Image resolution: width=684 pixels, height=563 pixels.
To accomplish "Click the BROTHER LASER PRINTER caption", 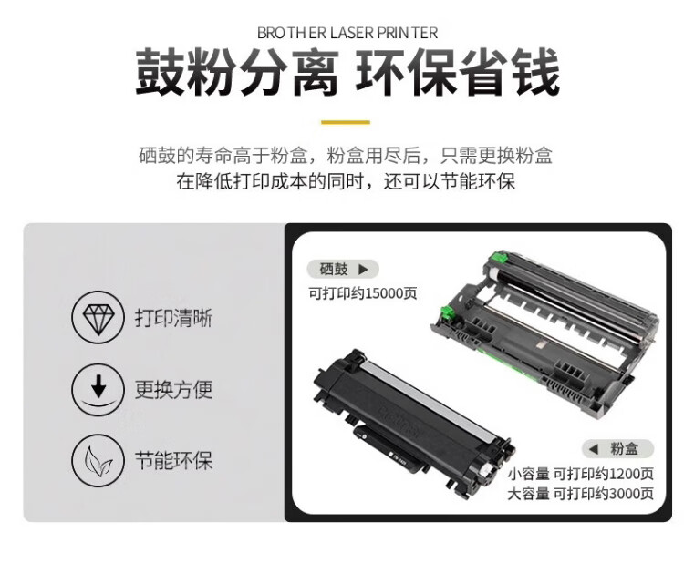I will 347,33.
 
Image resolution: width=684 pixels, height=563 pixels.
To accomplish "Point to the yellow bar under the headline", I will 347,121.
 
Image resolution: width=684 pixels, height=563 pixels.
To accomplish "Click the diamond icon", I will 98,319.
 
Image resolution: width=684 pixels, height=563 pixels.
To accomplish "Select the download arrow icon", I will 98,390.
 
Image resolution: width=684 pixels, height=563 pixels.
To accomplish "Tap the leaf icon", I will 98,460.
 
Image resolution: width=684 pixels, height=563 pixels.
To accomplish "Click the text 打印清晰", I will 173,319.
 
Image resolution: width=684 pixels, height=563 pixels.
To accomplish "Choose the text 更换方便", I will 173,390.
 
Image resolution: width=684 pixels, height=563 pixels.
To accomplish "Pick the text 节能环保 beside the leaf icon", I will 173,460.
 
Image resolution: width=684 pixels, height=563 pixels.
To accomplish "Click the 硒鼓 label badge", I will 342,269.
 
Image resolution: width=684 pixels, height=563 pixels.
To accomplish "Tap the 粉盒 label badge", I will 619,448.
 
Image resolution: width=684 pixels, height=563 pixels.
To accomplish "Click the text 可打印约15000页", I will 363,293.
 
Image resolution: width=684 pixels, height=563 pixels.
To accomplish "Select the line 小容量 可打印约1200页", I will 581,473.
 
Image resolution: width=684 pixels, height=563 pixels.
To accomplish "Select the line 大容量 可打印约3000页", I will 581,494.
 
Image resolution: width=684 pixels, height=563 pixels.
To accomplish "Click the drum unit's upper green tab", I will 495,260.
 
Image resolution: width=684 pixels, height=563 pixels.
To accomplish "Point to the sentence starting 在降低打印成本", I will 347,181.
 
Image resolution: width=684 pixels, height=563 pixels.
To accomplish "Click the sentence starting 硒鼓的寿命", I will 347,156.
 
